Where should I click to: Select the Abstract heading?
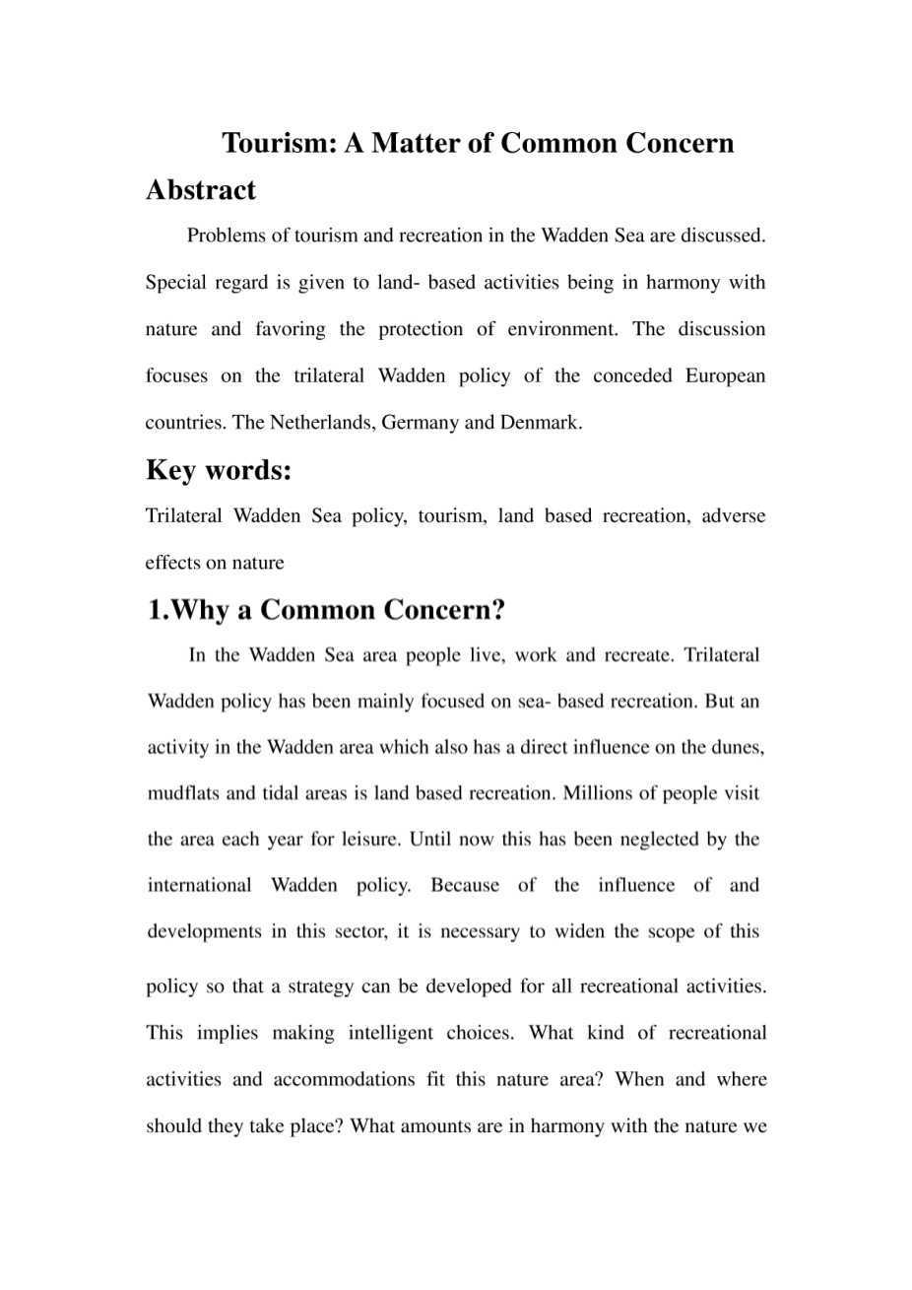201,190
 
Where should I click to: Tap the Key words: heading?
219,471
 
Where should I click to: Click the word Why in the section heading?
201,611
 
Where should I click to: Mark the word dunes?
738,748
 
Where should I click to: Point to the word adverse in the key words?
734,516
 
